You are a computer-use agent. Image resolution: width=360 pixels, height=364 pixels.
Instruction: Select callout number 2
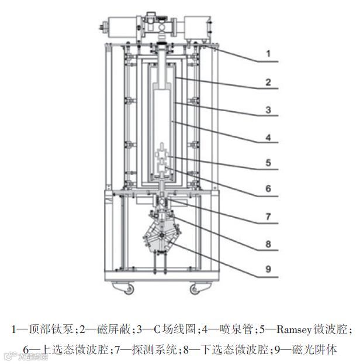268,82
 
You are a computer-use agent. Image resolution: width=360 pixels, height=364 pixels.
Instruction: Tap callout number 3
268,109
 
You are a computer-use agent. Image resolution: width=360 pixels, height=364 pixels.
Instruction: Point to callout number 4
268,136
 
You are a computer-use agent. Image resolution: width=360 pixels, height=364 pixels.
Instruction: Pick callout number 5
268,163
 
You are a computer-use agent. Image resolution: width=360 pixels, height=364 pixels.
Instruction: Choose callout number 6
268,188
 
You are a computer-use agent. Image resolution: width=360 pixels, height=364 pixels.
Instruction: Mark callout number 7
268,216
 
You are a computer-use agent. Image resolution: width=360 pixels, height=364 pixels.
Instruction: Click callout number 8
268,243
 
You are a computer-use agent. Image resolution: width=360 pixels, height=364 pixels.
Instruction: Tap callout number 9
268,270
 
